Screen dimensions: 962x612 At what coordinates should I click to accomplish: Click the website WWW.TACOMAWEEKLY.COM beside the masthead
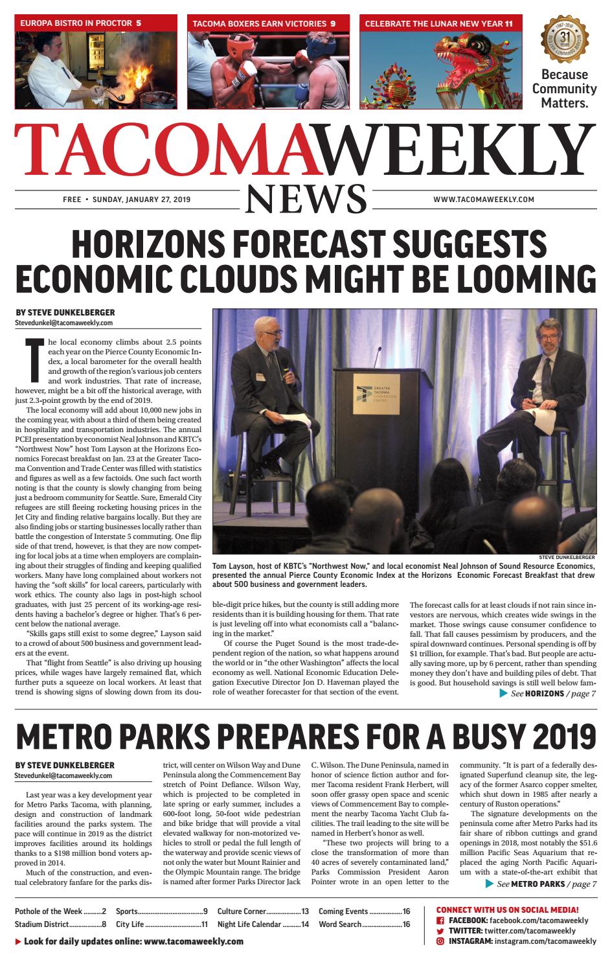tap(484, 200)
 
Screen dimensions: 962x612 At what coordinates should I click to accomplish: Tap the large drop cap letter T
tap(32, 360)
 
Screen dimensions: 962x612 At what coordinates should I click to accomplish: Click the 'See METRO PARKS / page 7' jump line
tap(540, 884)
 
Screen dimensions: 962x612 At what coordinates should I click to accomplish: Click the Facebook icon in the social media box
tap(440, 921)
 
